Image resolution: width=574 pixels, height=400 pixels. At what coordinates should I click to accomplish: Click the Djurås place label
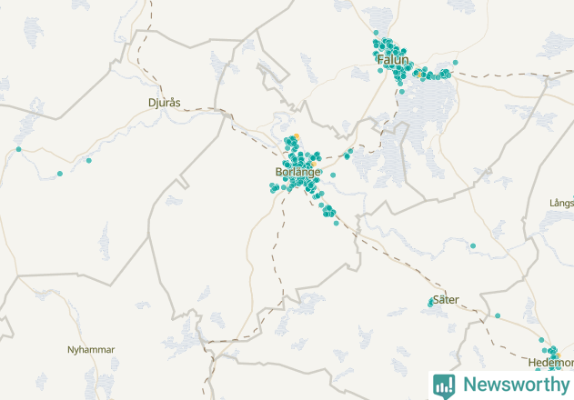point(166,103)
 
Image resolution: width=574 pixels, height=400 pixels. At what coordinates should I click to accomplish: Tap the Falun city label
point(389,61)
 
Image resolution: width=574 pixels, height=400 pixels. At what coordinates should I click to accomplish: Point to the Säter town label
point(446,298)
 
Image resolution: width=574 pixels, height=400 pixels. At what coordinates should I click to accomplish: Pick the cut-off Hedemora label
point(550,362)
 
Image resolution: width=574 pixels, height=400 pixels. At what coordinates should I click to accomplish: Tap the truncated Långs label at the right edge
point(561,202)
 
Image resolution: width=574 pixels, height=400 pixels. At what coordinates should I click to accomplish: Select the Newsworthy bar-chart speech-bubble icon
point(444,385)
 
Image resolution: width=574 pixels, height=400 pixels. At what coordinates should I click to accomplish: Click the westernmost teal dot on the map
point(18,148)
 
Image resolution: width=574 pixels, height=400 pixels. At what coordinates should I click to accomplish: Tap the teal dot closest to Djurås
point(89,161)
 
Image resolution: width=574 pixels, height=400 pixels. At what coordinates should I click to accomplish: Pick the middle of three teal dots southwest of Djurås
point(60,174)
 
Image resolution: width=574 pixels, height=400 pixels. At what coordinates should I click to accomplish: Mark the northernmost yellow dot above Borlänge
point(296,137)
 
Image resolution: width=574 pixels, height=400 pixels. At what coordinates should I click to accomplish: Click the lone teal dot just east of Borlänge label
point(333,175)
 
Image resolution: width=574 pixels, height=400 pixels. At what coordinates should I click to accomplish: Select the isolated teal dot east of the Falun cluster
point(455,62)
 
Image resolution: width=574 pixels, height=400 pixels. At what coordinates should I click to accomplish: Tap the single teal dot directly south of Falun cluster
point(401,92)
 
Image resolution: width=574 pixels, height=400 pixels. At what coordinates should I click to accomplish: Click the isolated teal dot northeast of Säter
point(473,245)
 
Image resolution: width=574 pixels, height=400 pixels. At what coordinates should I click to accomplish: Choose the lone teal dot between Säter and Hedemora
point(498,315)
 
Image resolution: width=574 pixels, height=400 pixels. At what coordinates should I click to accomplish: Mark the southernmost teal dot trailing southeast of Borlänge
point(337,223)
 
